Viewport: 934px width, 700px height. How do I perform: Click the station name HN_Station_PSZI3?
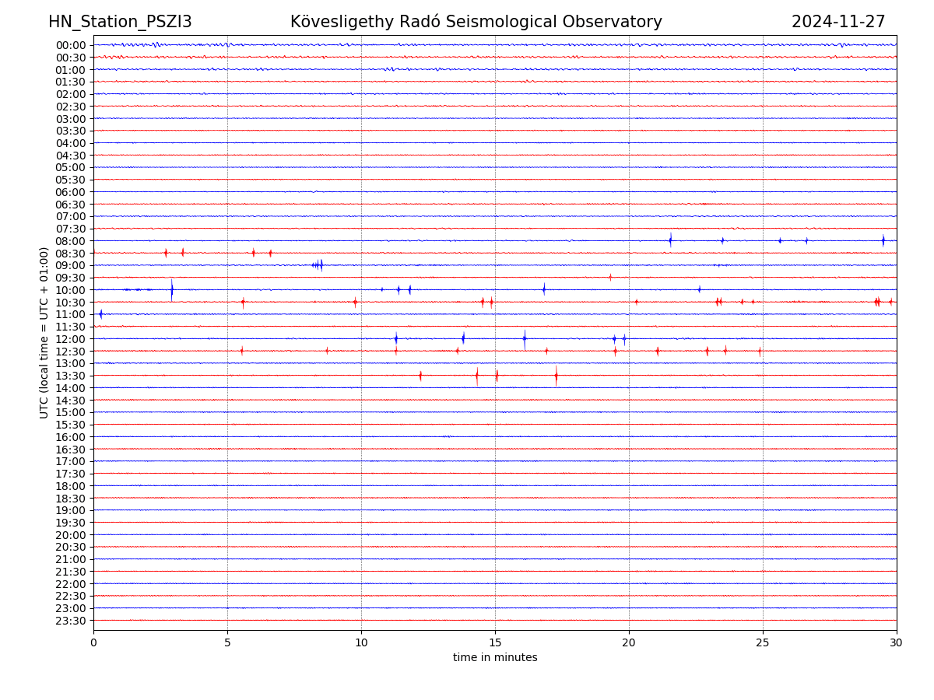pyautogui.click(x=120, y=22)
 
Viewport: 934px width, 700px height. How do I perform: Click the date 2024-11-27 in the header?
pyautogui.click(x=838, y=22)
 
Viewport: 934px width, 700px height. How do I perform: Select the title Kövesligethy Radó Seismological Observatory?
pyautogui.click(x=476, y=22)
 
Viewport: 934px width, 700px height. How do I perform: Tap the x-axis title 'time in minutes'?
pyautogui.click(x=495, y=658)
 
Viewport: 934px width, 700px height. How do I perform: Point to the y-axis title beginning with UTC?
pyautogui.click(x=44, y=332)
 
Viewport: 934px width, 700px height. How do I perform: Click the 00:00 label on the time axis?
pyautogui.click(x=71, y=45)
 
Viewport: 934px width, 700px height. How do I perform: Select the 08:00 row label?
pyautogui.click(x=71, y=241)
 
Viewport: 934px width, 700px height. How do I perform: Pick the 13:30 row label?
pyautogui.click(x=71, y=376)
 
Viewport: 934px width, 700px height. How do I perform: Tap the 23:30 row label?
pyautogui.click(x=71, y=621)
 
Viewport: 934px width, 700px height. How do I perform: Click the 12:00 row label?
pyautogui.click(x=71, y=339)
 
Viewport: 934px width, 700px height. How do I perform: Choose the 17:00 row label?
pyautogui.click(x=71, y=461)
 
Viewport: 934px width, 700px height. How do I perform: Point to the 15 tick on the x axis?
pyautogui.click(x=495, y=642)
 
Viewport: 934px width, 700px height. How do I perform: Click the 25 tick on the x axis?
pyautogui.click(x=763, y=642)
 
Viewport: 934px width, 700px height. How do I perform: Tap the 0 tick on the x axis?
pyautogui.click(x=93, y=642)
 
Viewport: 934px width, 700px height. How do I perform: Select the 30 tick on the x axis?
pyautogui.click(x=897, y=642)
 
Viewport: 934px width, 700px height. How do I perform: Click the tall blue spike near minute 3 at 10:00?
pyautogui.click(x=172, y=290)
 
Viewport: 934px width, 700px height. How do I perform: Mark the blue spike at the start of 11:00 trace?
pyautogui.click(x=100, y=314)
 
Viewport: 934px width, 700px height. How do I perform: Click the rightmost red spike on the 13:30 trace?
pyautogui.click(x=556, y=376)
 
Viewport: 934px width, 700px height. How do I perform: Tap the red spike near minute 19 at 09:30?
pyautogui.click(x=610, y=277)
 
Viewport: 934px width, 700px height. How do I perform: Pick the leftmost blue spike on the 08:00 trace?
pyautogui.click(x=670, y=240)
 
